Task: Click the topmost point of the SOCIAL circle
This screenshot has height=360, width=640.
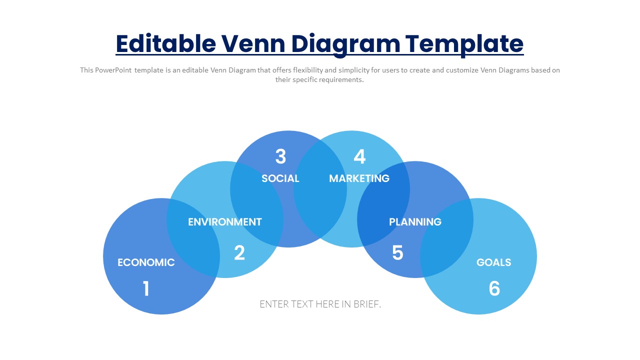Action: [x=288, y=131]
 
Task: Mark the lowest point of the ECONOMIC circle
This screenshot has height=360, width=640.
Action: [x=161, y=314]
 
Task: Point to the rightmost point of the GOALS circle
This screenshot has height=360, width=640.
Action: [x=537, y=256]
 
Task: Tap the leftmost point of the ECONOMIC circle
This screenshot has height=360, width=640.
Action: [x=103, y=256]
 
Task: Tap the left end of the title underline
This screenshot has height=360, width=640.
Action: [x=115, y=54]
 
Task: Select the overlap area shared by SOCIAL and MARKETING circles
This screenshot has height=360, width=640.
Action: [x=320, y=189]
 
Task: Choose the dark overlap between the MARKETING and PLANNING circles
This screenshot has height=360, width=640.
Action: [x=383, y=204]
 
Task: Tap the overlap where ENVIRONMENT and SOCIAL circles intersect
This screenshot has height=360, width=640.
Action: [x=257, y=204]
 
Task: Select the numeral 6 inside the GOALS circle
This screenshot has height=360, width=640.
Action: [x=494, y=288]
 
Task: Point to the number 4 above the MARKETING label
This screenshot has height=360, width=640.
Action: [x=359, y=156]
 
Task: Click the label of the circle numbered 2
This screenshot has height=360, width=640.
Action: [x=225, y=222]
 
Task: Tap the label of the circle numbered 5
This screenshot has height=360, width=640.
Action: [x=415, y=222]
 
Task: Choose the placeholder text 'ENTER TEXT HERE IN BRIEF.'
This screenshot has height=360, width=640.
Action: [x=320, y=304]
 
